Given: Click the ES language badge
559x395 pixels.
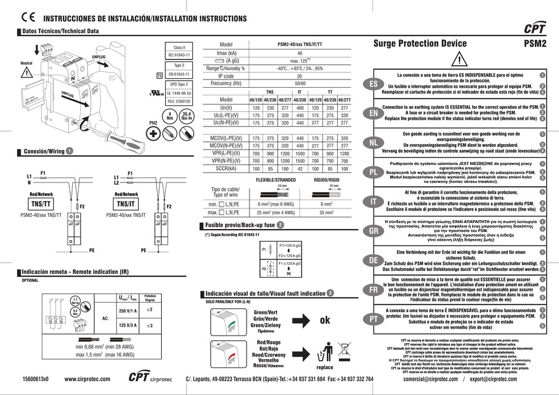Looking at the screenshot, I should (x=373, y=85).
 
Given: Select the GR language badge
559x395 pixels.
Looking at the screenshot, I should (x=373, y=231).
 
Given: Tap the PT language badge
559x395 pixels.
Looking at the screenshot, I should (x=373, y=318).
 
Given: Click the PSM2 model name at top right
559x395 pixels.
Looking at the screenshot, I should (x=535, y=43).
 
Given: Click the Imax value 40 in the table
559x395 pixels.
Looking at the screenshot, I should (x=300, y=53).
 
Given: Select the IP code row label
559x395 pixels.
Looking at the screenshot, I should (x=226, y=76).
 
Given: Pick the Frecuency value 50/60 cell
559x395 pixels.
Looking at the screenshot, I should (x=300, y=84).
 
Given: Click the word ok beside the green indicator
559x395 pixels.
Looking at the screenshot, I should (x=325, y=321).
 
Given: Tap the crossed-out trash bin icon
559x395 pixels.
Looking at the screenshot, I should (x=324, y=351).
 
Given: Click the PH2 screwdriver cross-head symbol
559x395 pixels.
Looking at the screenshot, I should (x=155, y=133).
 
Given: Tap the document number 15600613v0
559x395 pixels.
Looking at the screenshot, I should (x=35, y=379).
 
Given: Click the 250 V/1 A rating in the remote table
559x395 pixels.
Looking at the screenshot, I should (x=128, y=310).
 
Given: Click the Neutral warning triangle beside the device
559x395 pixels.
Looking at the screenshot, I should (x=26, y=73).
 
